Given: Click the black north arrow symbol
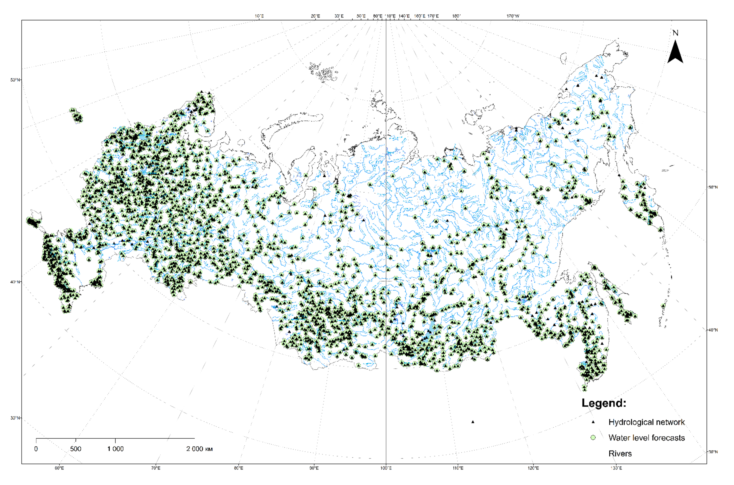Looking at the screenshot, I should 675,53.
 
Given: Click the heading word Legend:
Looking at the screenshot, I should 604,403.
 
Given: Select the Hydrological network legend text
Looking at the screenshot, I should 646,422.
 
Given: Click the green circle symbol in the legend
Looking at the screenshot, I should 593,438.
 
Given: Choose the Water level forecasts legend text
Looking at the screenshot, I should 646,438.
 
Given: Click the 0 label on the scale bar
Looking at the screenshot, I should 36,449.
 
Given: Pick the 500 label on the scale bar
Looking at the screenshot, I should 76,449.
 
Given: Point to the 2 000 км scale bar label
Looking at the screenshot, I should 199,449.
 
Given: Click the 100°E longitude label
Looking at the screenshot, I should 386,468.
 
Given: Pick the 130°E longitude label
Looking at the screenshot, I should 616,468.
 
